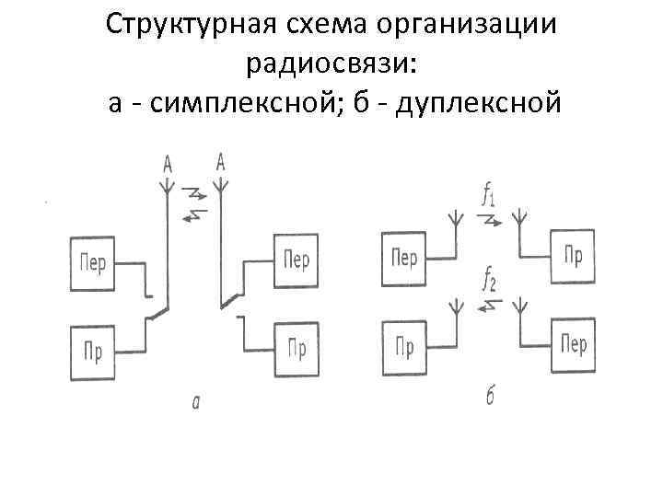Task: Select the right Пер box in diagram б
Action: (573, 345)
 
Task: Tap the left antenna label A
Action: (168, 166)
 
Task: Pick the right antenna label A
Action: (221, 162)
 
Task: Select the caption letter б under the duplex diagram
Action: (491, 398)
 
